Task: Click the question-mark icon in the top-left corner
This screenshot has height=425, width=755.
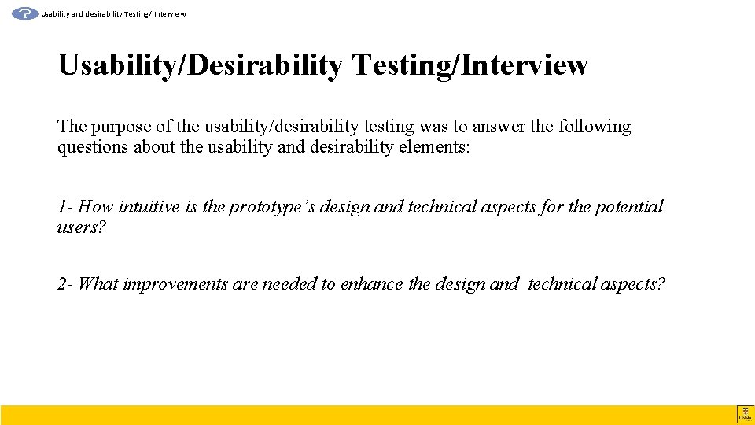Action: click(25, 13)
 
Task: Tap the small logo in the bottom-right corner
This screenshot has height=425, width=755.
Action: click(745, 414)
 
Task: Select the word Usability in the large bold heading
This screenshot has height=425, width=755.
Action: click(117, 65)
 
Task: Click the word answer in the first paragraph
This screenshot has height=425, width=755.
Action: click(499, 127)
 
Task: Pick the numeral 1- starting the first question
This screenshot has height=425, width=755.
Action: click(65, 207)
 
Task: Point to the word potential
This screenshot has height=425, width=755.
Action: click(628, 207)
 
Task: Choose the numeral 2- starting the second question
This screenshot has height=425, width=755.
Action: click(65, 284)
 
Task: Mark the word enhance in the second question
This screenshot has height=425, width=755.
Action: click(372, 284)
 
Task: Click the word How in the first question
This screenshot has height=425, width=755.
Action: click(96, 207)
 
